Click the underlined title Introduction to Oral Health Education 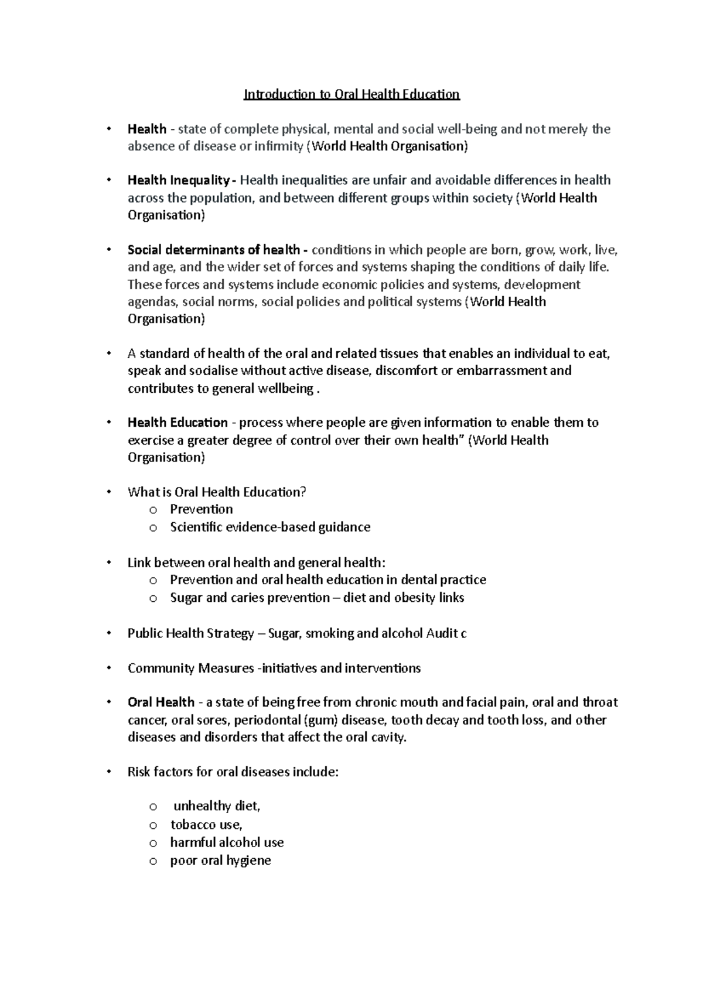point(351,94)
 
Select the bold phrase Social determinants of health point(213,250)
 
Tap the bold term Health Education point(178,423)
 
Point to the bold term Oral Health point(161,702)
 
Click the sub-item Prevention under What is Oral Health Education point(201,509)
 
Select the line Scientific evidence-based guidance point(270,527)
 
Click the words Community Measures point(190,669)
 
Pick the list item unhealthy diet point(217,807)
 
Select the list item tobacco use point(206,825)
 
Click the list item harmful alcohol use point(227,843)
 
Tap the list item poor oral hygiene point(220,861)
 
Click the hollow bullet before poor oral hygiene point(153,861)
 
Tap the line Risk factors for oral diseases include point(233,772)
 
